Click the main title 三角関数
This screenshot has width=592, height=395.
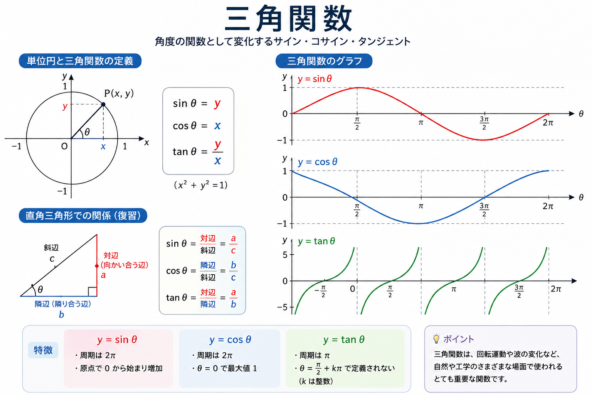click(x=288, y=19)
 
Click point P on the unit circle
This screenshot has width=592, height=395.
click(x=103, y=105)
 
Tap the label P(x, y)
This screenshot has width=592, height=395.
click(x=119, y=93)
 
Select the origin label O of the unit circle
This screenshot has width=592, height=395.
click(x=64, y=146)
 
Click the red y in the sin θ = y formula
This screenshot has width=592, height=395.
click(x=217, y=103)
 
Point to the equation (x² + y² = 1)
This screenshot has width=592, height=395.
click(x=200, y=185)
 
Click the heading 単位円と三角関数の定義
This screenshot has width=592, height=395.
click(x=80, y=61)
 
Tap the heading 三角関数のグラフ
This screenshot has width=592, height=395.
click(x=324, y=61)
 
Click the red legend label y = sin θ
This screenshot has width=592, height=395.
click(x=314, y=79)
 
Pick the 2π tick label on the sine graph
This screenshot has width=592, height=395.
click(x=548, y=123)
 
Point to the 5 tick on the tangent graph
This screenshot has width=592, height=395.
click(x=285, y=255)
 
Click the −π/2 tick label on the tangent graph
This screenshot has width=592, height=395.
click(x=321, y=291)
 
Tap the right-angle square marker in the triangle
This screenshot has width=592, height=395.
click(x=92, y=292)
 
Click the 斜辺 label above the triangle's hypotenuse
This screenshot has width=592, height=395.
click(x=51, y=248)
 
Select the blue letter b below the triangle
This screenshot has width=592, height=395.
click(x=61, y=314)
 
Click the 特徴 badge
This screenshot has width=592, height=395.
click(x=43, y=350)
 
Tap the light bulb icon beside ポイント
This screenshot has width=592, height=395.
click(x=436, y=339)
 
